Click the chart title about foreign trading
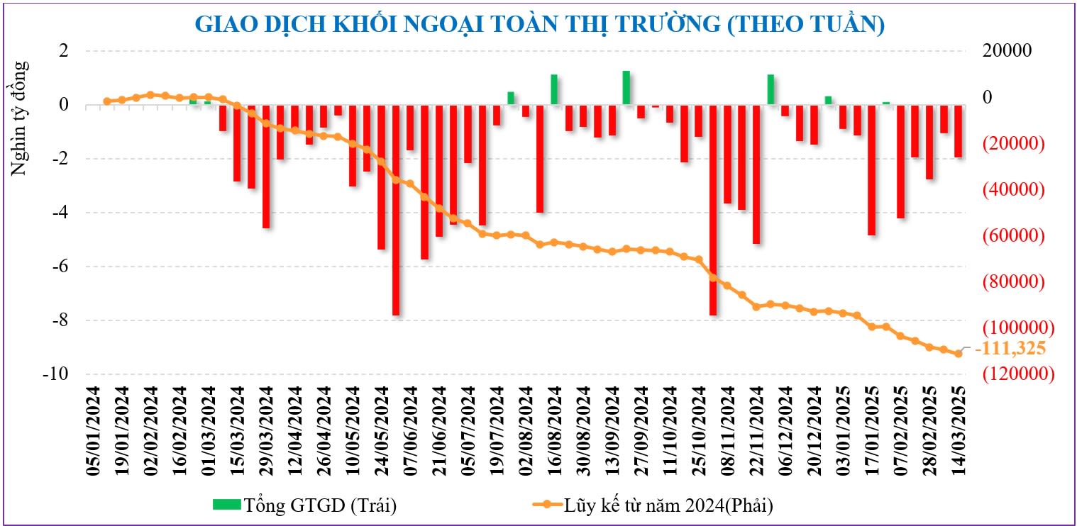click(x=539, y=24)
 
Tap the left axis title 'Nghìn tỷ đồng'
click(x=20, y=118)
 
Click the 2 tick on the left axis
click(x=63, y=51)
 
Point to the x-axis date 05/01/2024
click(x=93, y=431)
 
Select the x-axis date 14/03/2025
click(x=959, y=431)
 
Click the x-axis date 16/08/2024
click(x=554, y=431)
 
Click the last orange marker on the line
click(x=958, y=353)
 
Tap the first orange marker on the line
click(x=107, y=101)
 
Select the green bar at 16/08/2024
click(x=554, y=89)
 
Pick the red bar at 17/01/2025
click(x=871, y=170)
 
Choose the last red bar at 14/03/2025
click(x=958, y=131)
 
